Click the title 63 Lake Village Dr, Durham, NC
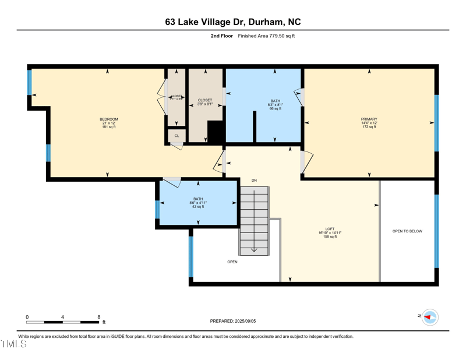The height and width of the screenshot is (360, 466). pyautogui.click(x=233, y=22)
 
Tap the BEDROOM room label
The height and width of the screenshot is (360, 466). pyautogui.click(x=109, y=119)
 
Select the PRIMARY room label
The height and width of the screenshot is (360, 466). pyautogui.click(x=369, y=119)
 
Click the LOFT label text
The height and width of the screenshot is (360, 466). pyautogui.click(x=330, y=229)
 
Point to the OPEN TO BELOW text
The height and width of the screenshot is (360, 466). pyautogui.click(x=407, y=231)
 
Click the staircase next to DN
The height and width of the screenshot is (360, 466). pyautogui.click(x=254, y=218)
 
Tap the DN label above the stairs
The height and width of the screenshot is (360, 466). pyautogui.click(x=254, y=181)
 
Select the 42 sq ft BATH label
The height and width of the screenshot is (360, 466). pyautogui.click(x=198, y=199)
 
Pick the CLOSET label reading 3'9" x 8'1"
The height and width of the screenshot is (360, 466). pyautogui.click(x=205, y=100)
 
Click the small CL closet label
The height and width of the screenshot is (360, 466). pyautogui.click(x=176, y=136)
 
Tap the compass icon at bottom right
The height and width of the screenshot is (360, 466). pyautogui.click(x=430, y=317)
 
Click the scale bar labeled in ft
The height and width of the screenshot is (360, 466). pyautogui.click(x=63, y=322)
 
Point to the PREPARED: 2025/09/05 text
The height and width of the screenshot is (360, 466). pyautogui.click(x=232, y=321)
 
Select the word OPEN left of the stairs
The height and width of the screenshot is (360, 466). pyautogui.click(x=232, y=262)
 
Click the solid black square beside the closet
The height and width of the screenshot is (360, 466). pyautogui.click(x=216, y=132)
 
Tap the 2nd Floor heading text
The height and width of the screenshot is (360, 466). pyautogui.click(x=221, y=36)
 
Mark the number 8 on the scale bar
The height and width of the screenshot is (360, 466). pyautogui.click(x=99, y=317)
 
